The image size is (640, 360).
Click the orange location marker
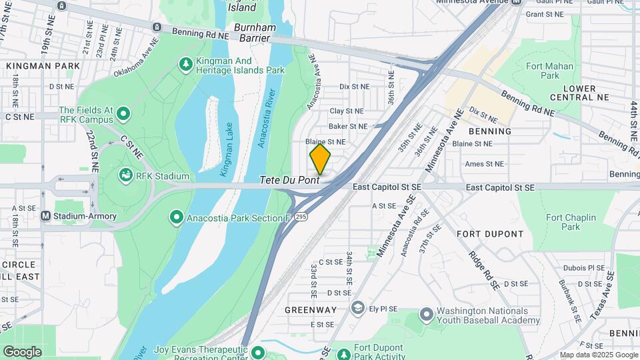coord(320,159)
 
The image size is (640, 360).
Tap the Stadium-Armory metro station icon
coord(46,216)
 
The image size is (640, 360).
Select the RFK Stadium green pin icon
coord(125,176)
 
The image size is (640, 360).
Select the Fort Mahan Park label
coord(549,71)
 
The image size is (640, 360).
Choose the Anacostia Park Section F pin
coord(177,217)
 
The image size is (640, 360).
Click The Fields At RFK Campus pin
coord(123,115)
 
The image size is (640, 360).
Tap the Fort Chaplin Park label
coord(561,222)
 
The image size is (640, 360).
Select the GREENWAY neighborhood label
coord(311,310)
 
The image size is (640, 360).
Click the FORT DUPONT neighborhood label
coord(490,234)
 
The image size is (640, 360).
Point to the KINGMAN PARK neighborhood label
coord(43,66)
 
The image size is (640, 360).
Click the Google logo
coord(22,351)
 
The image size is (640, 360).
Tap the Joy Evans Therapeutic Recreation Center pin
coord(257,352)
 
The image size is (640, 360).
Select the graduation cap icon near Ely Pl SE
coord(358,308)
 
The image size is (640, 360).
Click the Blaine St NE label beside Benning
coord(472,143)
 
